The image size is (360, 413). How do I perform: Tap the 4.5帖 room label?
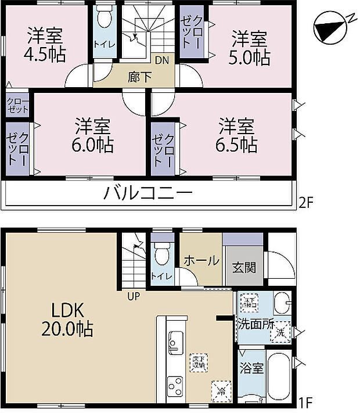point(45,46)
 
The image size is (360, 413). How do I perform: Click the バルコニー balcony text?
point(147,193)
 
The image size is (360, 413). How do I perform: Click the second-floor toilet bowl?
point(105,20)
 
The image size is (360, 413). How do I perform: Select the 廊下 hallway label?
point(139,75)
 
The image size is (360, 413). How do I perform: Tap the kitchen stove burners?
point(175,386)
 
